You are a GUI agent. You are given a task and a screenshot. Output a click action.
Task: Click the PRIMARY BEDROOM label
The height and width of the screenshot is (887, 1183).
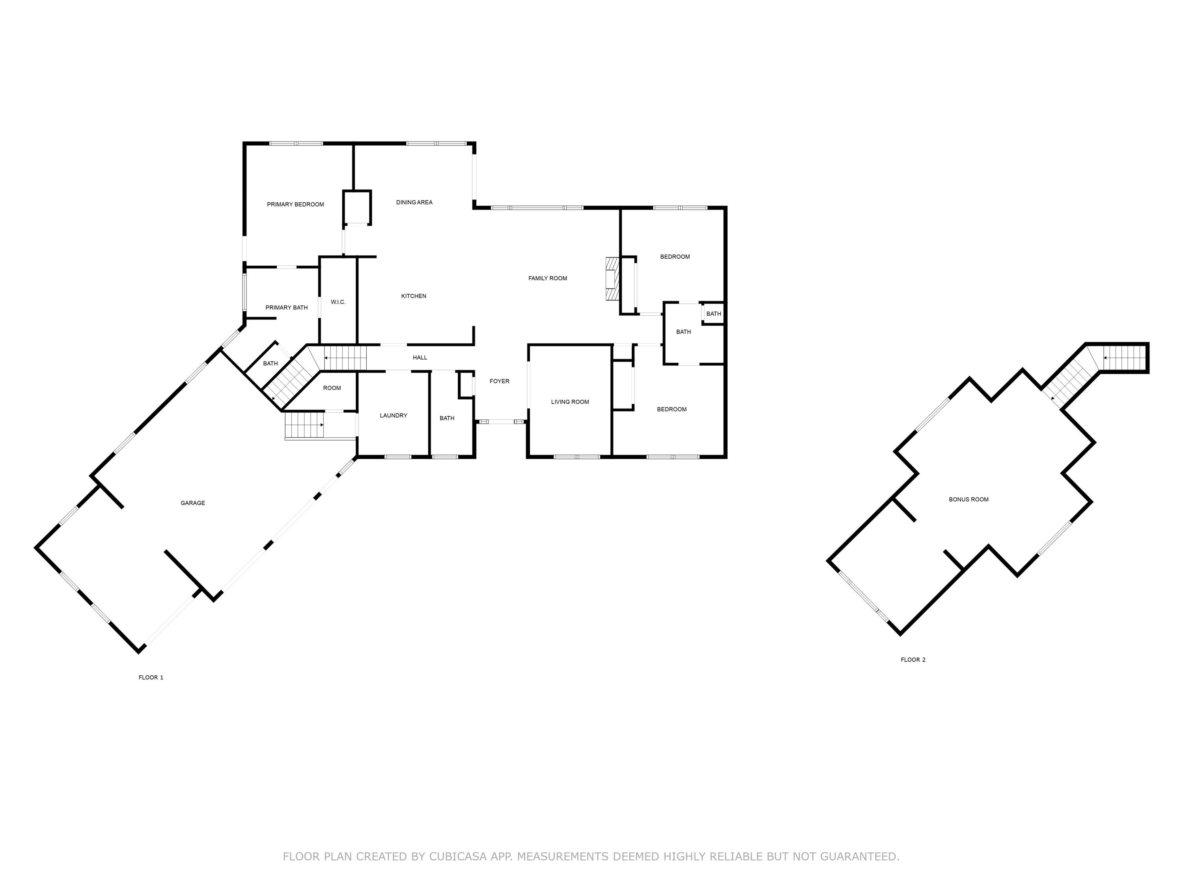coord(295,204)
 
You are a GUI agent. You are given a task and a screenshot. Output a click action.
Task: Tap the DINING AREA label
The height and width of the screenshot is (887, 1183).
coord(414,202)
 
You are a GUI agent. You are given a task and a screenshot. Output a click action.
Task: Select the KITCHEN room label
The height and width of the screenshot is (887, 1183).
coord(413,296)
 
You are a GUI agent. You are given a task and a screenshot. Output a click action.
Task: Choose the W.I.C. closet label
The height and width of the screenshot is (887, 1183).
coord(338,302)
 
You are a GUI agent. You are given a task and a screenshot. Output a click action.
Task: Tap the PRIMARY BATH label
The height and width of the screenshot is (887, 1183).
coord(286,307)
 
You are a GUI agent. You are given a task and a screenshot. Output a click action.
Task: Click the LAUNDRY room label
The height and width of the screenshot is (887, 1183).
coord(393,416)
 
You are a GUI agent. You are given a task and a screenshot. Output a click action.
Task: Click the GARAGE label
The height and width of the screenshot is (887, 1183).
coord(192,503)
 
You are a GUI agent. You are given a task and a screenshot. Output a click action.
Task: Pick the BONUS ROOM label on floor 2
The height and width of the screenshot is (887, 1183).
coord(968,499)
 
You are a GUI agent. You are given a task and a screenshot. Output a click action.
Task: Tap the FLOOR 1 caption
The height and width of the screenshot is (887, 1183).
coord(151,677)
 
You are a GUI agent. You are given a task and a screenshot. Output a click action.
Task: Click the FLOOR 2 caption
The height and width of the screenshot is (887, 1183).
coord(912,660)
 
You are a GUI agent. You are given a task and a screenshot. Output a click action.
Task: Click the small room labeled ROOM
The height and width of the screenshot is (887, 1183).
coord(332,388)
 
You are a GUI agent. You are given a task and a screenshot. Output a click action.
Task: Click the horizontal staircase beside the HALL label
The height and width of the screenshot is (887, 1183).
coord(345,358)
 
